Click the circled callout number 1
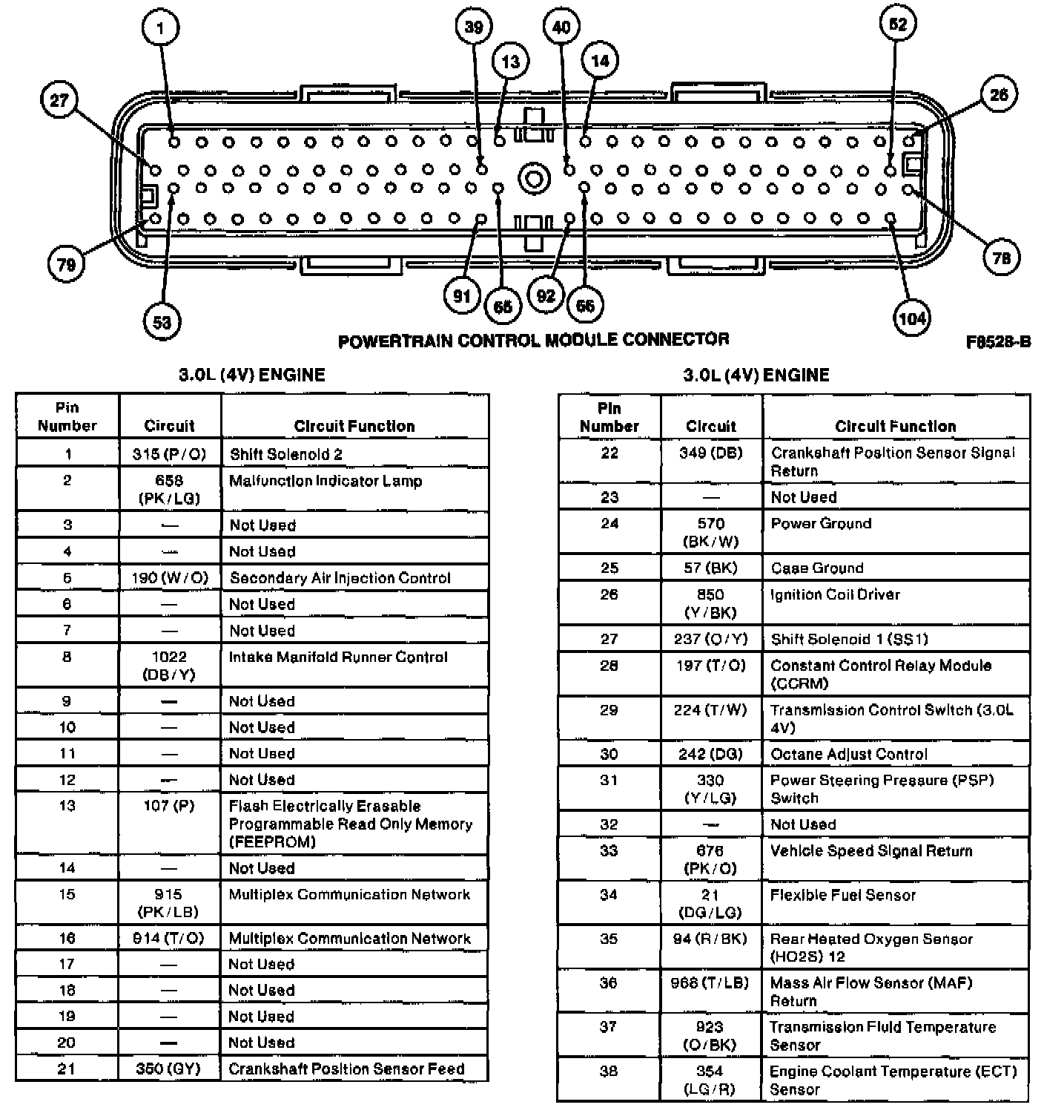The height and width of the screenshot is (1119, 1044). coord(160,28)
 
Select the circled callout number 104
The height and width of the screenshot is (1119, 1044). coord(911,318)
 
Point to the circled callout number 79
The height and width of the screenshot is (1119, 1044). coord(66,264)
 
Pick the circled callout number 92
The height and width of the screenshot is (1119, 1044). coord(546,296)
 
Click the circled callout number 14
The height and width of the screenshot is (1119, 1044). coord(600,61)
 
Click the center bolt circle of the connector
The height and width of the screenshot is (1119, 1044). coord(532,179)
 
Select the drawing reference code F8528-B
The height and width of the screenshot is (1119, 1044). coord(998,342)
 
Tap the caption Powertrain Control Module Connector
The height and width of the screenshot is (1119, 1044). coord(533,340)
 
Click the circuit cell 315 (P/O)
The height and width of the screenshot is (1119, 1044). coord(169,454)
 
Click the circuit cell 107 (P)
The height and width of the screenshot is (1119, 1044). coord(169,806)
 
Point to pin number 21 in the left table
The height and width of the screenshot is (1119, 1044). coord(67,1069)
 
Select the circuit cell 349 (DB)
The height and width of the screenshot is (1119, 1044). coord(710,453)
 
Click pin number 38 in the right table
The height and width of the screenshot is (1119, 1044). coord(609,1072)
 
